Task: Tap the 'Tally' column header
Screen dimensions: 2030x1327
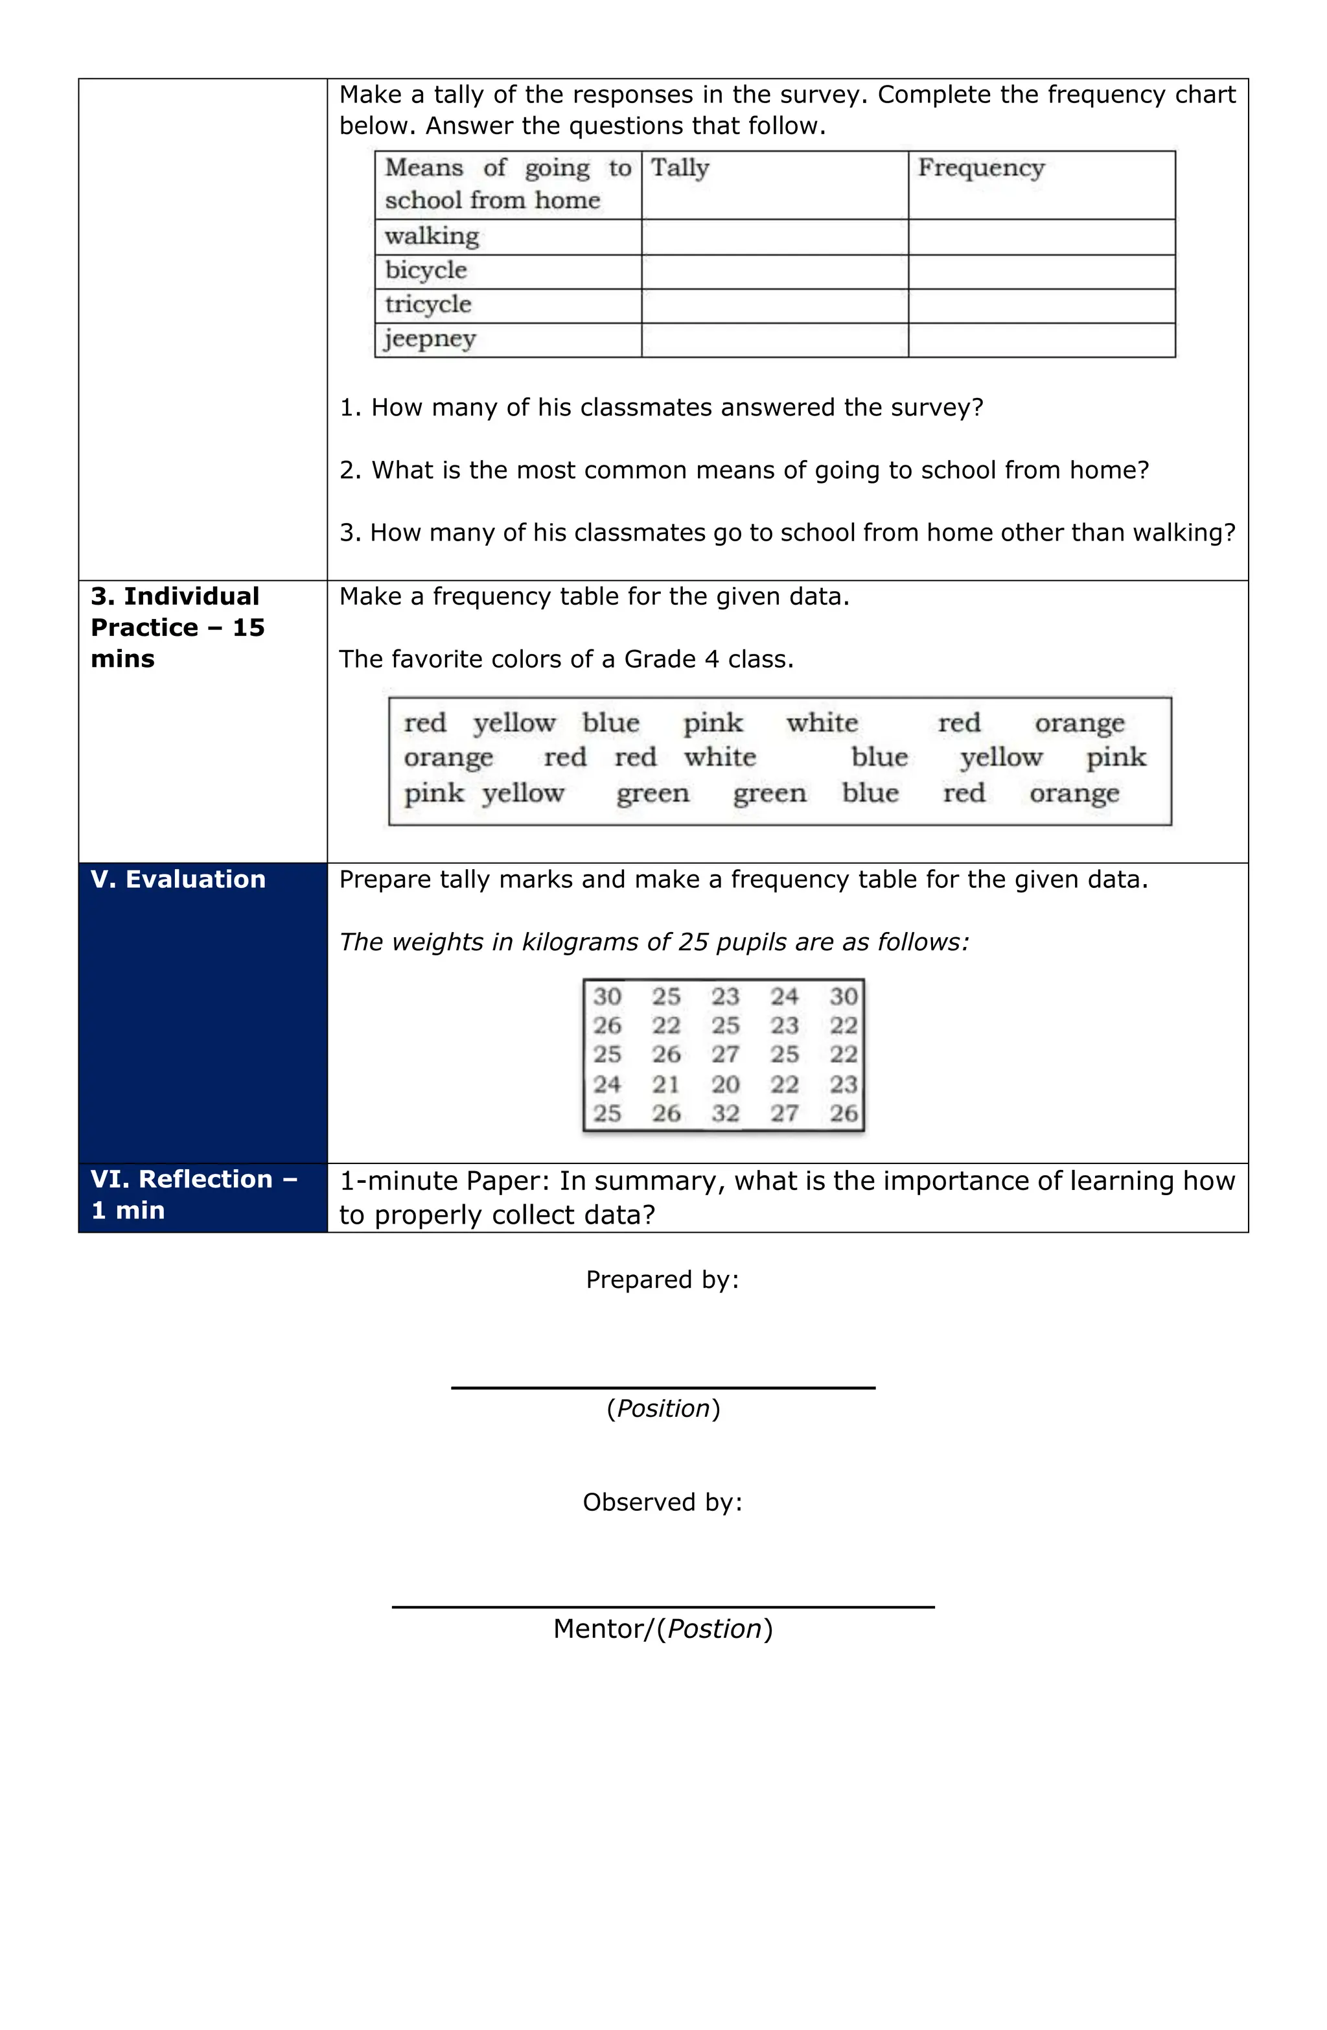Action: [680, 167]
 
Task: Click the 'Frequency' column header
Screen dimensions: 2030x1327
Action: [981, 167]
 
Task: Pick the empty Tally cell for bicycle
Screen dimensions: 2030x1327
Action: [774, 271]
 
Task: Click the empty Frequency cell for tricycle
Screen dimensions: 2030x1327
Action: [1041, 305]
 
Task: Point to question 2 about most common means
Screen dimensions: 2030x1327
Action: [744, 470]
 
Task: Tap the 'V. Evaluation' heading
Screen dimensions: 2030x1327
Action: [178, 880]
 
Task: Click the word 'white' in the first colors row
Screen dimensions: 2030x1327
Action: [821, 723]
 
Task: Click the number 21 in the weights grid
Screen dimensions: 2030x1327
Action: [666, 1084]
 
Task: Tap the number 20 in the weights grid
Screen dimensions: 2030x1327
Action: [725, 1084]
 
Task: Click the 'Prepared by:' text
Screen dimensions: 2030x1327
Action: [662, 1279]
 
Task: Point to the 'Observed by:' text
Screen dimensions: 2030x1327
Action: [662, 1502]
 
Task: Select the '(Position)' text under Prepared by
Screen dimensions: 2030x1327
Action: [663, 1408]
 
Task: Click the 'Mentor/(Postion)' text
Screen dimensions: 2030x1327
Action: [663, 1629]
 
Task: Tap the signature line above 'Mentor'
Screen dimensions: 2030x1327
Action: [663, 1607]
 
